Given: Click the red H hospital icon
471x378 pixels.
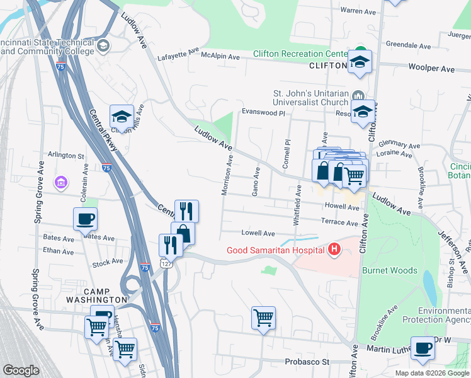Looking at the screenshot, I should (334, 251).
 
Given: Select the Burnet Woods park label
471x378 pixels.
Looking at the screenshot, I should (389, 270).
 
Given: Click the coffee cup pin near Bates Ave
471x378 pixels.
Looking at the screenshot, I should (86, 220).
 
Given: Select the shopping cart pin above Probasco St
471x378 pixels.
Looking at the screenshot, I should (263, 318).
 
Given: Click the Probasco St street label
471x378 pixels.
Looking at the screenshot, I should (307, 362).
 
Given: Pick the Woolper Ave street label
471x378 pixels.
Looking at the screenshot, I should (431, 67).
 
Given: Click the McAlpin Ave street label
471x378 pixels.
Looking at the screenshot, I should (220, 57).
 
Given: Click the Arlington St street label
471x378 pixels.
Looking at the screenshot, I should (66, 155).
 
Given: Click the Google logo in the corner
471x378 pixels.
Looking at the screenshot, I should (21, 370).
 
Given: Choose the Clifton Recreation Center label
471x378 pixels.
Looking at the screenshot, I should (300, 54).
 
